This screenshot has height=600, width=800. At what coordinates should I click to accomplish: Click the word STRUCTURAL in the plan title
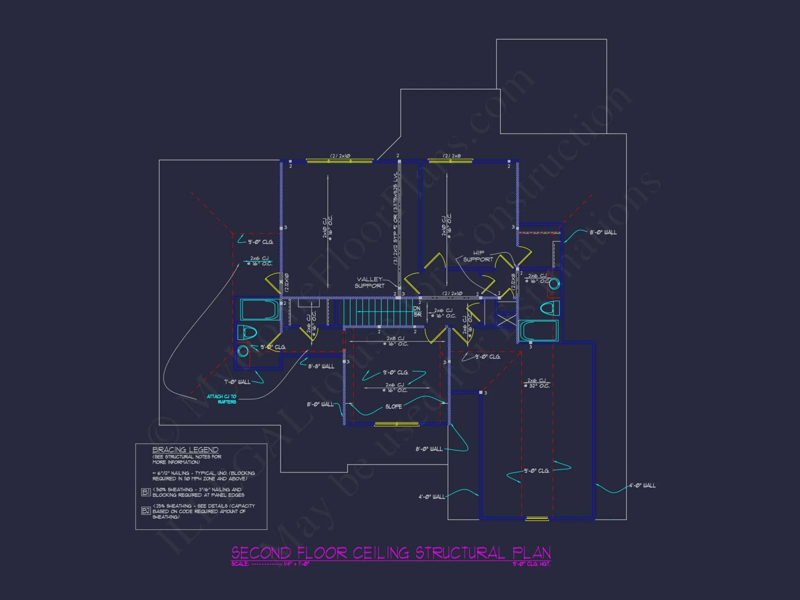460,553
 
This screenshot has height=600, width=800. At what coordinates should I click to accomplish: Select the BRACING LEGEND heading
185,450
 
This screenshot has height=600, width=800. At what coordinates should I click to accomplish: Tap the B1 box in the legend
146,492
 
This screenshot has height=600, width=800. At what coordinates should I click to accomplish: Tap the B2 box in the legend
146,511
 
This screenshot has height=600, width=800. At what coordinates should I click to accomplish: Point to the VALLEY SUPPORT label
370,282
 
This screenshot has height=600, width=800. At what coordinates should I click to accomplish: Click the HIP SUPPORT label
478,256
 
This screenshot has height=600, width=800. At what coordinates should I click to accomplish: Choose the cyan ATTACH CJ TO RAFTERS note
222,399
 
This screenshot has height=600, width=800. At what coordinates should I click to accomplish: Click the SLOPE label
394,406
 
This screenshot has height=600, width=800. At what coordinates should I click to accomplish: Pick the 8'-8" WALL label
321,366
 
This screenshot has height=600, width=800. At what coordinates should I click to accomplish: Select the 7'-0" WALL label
237,382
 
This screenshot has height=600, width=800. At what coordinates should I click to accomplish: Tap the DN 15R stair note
417,312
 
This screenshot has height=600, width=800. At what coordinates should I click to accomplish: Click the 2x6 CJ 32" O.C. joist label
537,383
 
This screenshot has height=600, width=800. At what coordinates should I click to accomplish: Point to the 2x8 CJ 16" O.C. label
395,341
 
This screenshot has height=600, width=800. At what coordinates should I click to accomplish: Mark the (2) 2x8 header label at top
452,156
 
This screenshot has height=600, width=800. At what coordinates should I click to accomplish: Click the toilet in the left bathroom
247,332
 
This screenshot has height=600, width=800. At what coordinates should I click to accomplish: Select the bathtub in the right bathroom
538,331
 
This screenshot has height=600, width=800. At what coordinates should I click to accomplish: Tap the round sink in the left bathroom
243,352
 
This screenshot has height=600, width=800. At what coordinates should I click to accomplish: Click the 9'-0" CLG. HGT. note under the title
531,564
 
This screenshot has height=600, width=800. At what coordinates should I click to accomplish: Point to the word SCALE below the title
240,564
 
